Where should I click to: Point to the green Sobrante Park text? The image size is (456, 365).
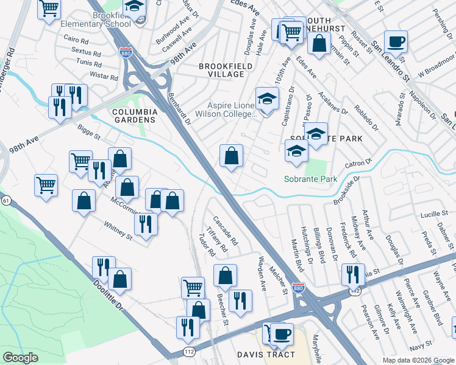coord(311,179)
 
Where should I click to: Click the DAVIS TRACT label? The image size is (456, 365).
coord(266,355)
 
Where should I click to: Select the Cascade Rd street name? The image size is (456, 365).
coord(225,228)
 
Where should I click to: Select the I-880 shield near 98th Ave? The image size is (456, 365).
coord(126,53)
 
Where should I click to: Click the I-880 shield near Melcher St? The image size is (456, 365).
coord(298,288)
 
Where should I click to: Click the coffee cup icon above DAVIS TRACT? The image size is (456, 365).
coord(281,334)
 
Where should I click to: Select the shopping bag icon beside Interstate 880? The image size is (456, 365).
coord(231,156)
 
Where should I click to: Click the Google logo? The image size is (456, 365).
coord(21,358)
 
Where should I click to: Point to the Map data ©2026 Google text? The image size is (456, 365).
coord(418,360)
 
